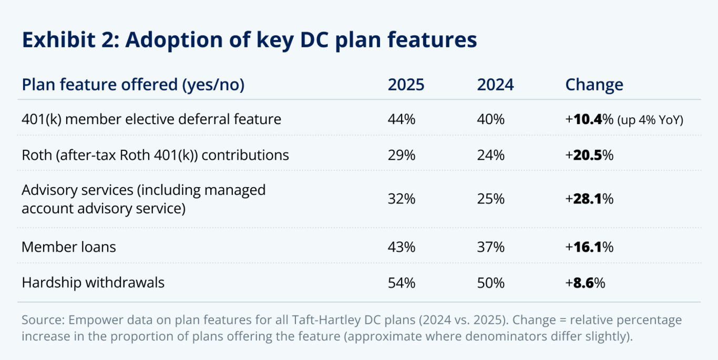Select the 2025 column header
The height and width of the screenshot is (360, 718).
tap(406, 85)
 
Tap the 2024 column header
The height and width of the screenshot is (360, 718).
tap(495, 85)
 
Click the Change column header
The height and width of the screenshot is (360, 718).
tap(594, 85)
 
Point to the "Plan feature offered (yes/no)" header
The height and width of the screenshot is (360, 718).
tap(133, 85)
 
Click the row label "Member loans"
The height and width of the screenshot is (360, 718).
tap(68, 247)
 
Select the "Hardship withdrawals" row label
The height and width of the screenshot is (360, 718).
tap(93, 283)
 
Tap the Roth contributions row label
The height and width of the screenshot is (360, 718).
tap(155, 155)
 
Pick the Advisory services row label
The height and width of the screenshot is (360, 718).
tap(143, 199)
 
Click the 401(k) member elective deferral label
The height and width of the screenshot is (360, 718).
tap(151, 119)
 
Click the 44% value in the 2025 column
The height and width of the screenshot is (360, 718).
tap(402, 119)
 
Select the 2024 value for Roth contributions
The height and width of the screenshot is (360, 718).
tap(491, 155)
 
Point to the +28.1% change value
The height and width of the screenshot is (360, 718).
tap(589, 199)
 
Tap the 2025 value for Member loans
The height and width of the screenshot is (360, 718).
tap(402, 247)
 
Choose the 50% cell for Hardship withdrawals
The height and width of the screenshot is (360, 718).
tap(491, 283)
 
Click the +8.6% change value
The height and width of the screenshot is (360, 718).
tap(585, 283)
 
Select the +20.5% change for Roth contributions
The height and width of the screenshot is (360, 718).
tap(589, 155)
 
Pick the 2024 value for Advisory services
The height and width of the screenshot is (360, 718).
tap(491, 199)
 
